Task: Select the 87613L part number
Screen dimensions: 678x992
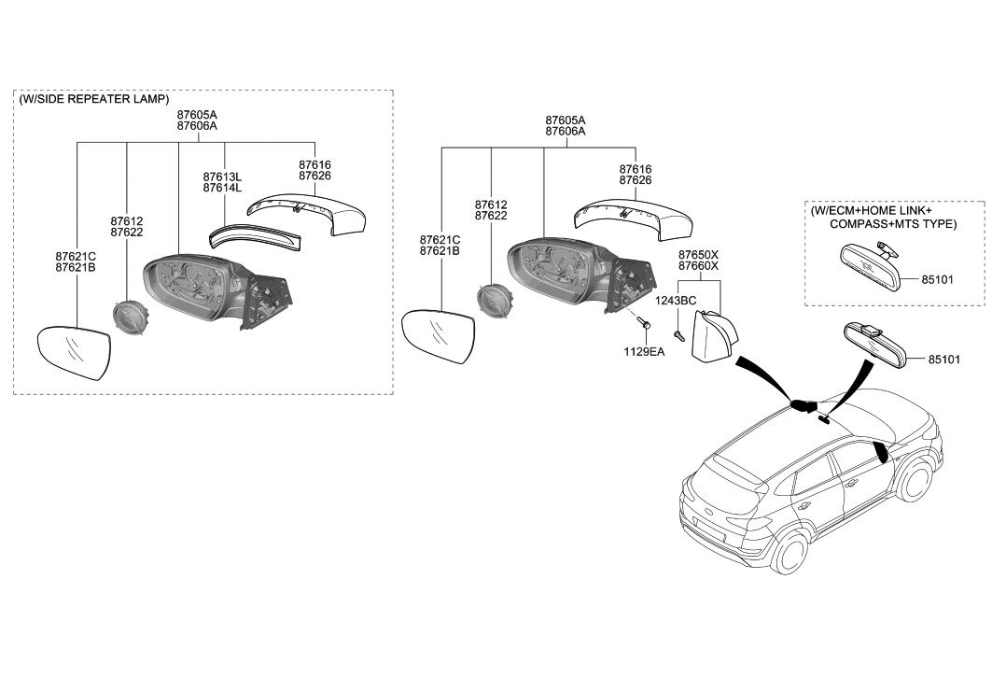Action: coord(222,177)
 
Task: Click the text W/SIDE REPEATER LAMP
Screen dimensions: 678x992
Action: coord(94,99)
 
